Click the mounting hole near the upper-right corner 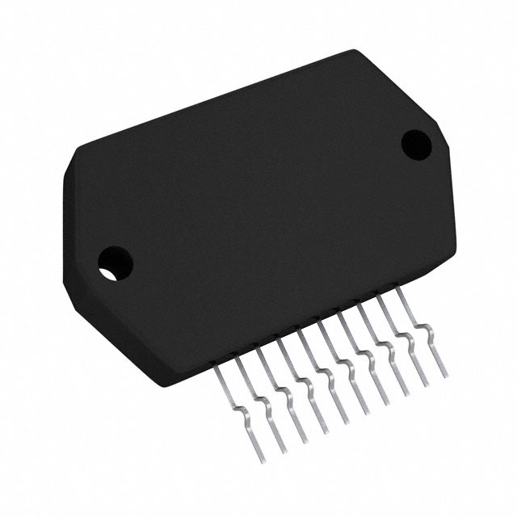416,142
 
